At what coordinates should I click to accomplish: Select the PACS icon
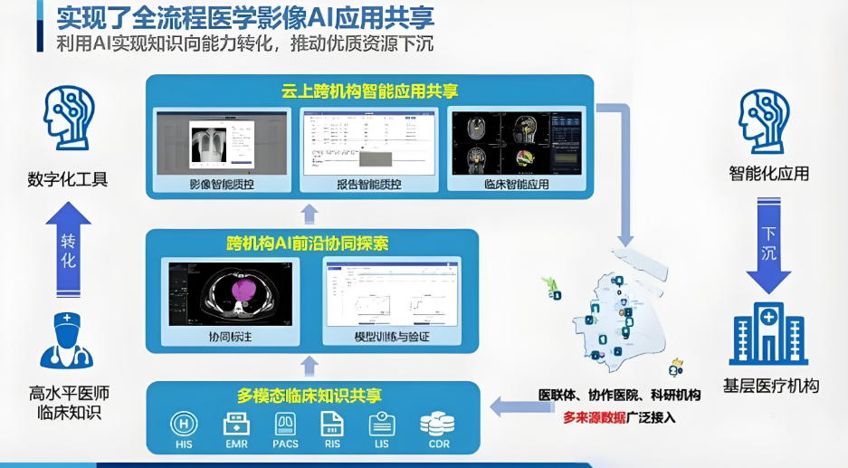[x=286, y=424]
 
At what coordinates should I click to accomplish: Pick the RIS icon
[x=333, y=424]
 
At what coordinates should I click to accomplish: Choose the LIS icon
[x=382, y=424]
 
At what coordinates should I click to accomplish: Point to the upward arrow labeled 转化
[x=68, y=241]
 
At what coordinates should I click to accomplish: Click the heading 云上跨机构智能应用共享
[x=369, y=91]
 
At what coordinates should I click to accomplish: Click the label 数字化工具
[x=68, y=178]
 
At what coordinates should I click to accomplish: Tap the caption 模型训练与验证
[x=391, y=337]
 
